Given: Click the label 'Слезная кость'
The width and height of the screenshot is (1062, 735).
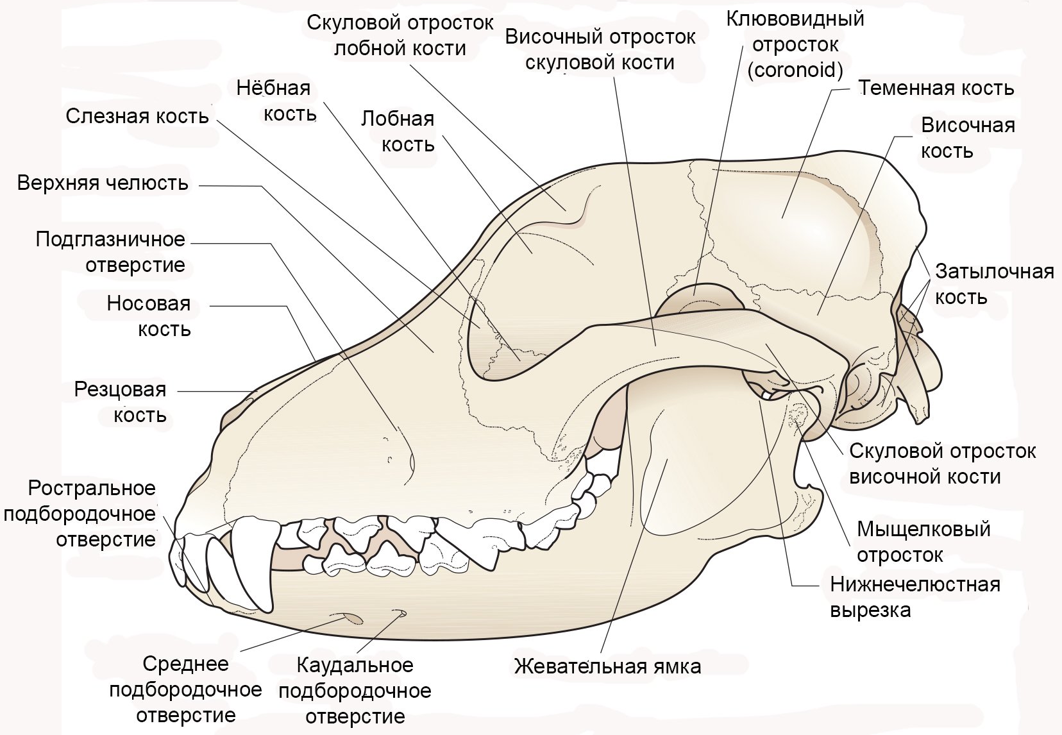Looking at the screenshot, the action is (x=137, y=117).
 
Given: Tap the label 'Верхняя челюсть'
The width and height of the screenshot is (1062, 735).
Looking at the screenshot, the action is (x=103, y=183).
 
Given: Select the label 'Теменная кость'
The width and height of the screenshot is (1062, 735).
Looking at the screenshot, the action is (x=936, y=89).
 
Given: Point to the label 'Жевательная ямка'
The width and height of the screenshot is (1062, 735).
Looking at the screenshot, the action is (x=607, y=666).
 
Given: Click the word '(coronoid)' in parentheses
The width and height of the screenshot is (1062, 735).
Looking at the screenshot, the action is (x=796, y=70).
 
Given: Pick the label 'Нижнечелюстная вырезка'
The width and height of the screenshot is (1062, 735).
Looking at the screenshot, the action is (x=915, y=597).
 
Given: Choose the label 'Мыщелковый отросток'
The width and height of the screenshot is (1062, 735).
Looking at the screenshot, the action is (x=923, y=541).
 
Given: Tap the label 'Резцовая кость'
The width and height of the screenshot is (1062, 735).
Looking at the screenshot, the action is (x=121, y=402).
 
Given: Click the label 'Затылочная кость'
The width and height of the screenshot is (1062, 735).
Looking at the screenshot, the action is (x=994, y=285).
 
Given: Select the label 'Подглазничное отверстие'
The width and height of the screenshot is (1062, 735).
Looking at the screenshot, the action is (x=110, y=252).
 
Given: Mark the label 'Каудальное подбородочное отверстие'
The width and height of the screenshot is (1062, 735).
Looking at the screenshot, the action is (x=355, y=691).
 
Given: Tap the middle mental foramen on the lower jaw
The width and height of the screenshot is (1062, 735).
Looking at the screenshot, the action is (x=353, y=618).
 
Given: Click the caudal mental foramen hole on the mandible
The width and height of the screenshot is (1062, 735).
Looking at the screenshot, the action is (x=400, y=612).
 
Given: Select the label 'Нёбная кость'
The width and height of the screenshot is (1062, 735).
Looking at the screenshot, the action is (x=276, y=101).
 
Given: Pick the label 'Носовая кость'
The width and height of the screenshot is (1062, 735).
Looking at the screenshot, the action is (x=149, y=316).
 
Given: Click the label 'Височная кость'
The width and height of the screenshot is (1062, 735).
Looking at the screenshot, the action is (x=968, y=138).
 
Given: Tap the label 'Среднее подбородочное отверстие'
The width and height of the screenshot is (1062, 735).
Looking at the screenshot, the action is (x=185, y=689).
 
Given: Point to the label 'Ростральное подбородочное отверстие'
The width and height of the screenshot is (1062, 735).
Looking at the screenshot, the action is (x=80, y=514).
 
